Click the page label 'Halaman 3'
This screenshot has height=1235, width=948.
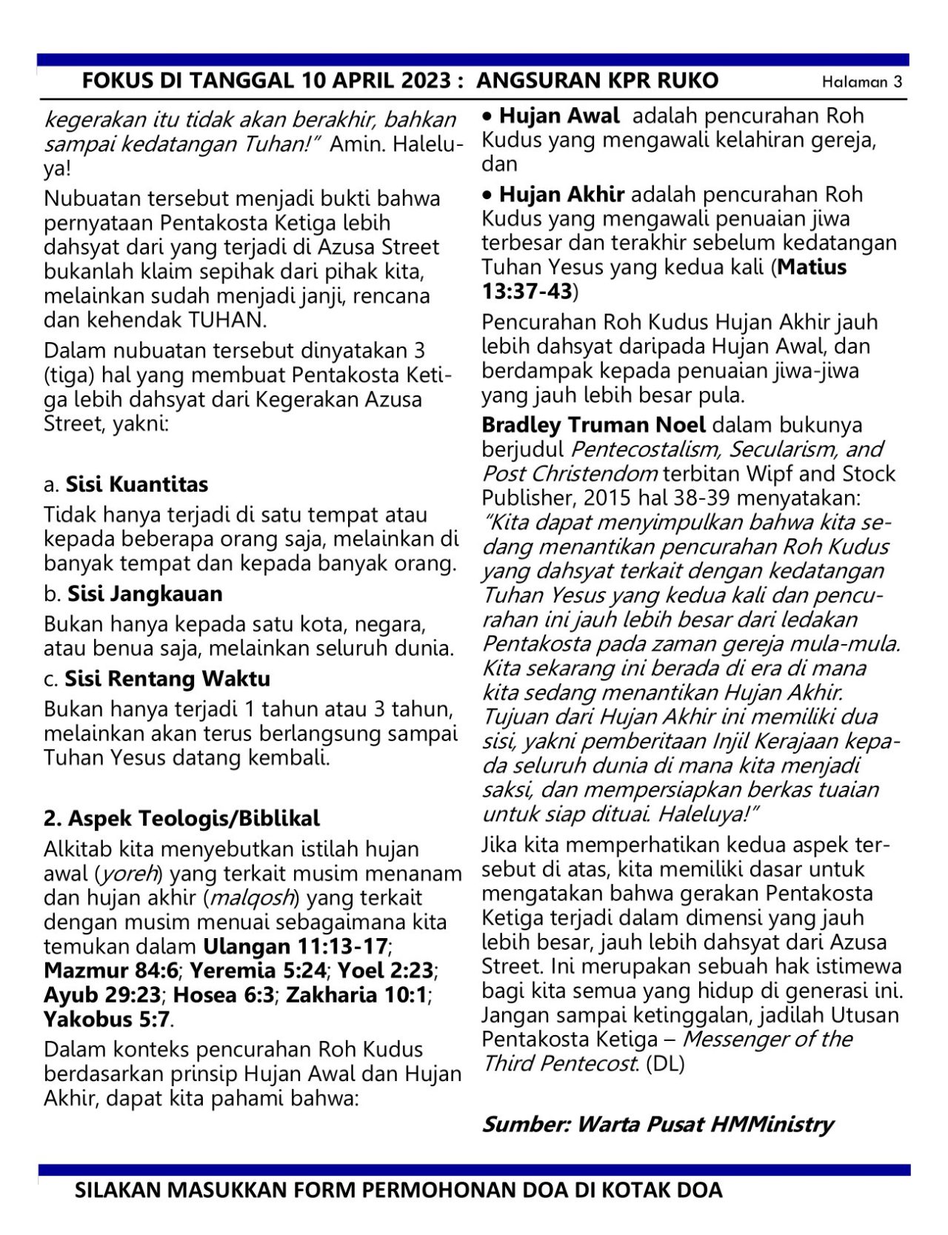pos(862,82)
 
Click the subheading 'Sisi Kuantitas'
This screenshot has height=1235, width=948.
pos(136,484)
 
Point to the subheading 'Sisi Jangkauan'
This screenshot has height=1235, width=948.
pos(144,594)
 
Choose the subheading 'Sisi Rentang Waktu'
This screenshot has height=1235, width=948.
pos(167,679)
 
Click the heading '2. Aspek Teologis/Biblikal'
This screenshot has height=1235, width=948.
pos(182,818)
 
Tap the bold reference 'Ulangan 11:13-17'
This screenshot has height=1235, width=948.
pos(296,946)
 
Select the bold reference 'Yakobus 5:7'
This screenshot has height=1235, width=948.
pos(108,1020)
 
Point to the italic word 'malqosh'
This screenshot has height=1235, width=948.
pos(253,898)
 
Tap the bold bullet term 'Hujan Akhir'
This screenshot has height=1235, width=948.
pos(562,195)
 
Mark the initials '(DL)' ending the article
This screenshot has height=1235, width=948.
pos(666,1064)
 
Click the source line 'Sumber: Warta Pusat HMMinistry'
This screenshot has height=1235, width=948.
pos(658,1124)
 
